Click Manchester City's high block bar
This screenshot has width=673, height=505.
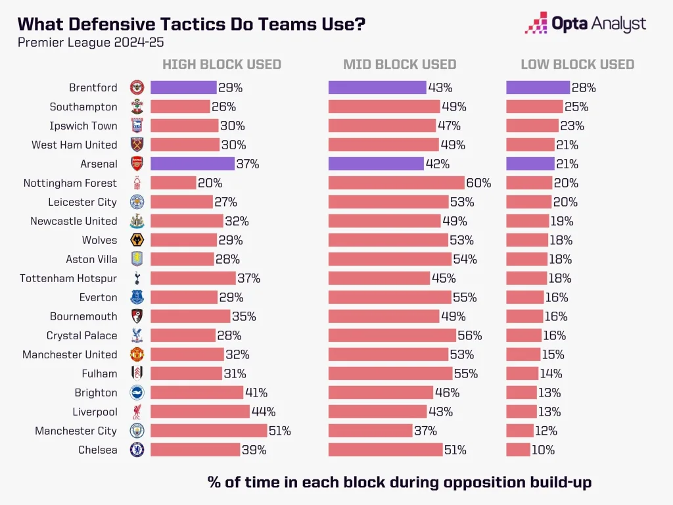(x=208, y=431)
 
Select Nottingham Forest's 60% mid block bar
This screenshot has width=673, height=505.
(x=396, y=183)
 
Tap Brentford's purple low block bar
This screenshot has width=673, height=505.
(x=538, y=87)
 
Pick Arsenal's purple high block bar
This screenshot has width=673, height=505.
(x=192, y=164)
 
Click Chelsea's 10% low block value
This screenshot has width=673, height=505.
(x=544, y=450)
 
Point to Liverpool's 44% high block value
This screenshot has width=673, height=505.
(x=264, y=412)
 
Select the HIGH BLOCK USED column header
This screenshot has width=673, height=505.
(x=221, y=64)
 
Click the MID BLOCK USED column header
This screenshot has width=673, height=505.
(x=400, y=64)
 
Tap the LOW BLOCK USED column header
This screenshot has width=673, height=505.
(x=577, y=64)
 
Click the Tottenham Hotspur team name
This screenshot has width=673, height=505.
(x=68, y=278)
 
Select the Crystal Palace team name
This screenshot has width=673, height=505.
(x=81, y=335)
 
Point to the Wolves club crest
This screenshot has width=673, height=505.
(x=137, y=240)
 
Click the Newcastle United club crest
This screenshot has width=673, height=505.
(x=137, y=221)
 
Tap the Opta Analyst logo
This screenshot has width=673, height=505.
(x=586, y=24)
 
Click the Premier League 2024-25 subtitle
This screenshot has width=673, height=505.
(x=91, y=43)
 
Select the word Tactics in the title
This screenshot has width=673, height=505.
(x=177, y=24)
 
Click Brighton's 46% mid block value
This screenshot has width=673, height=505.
(x=447, y=393)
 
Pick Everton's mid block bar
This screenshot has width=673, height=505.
(x=390, y=297)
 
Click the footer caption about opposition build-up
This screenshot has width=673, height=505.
(x=399, y=482)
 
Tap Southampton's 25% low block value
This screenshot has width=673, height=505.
(x=576, y=107)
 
